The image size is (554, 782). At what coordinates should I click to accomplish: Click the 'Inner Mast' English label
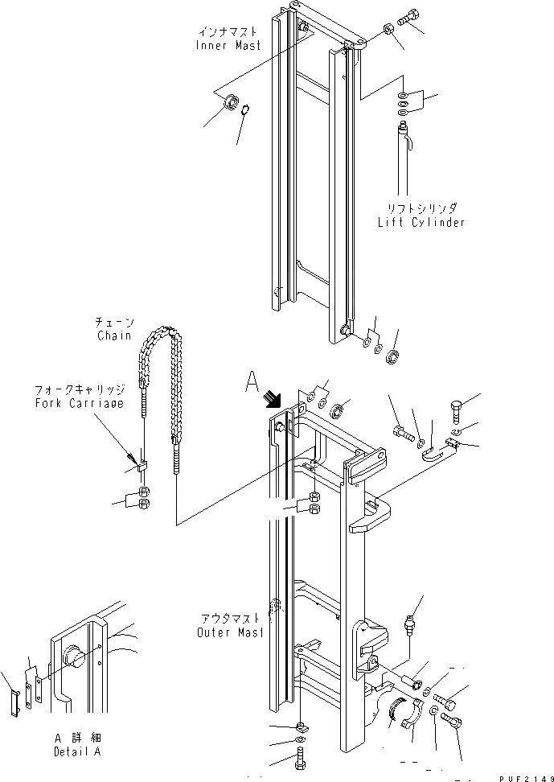(228, 46)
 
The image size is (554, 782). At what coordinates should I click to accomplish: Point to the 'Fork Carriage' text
(79, 403)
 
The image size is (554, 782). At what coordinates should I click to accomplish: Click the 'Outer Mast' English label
(229, 632)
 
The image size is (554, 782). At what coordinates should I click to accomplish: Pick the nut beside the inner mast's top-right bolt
(388, 29)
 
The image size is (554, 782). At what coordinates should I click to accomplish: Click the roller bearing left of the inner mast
(230, 102)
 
